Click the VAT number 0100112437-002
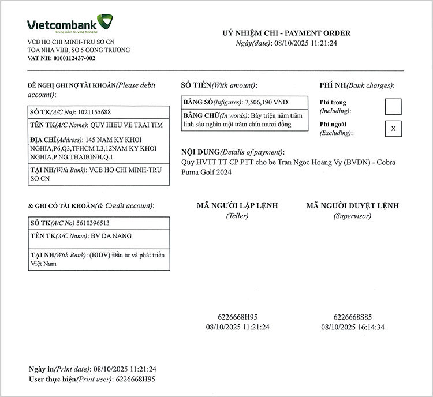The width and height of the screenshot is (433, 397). point(70,58)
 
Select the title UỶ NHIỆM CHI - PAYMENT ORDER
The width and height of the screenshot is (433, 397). point(286,33)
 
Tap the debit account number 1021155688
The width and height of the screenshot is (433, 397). point(90,112)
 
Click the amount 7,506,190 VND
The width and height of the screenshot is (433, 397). point(266,102)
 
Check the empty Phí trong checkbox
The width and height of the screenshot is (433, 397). point(393,107)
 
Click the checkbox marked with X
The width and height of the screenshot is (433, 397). point(393,129)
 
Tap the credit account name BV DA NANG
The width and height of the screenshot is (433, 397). point(111,236)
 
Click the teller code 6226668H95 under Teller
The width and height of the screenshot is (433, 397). point(237,317)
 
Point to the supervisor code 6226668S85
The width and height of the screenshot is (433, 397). point(352,317)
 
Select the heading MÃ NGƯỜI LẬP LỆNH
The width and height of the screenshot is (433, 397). point(237,205)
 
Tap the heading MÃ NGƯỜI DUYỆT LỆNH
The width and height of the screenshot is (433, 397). point(352,205)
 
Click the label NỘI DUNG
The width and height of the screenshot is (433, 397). point(200,151)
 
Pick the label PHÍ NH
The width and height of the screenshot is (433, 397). point(331,85)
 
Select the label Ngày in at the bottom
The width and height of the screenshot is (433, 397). point(41,369)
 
